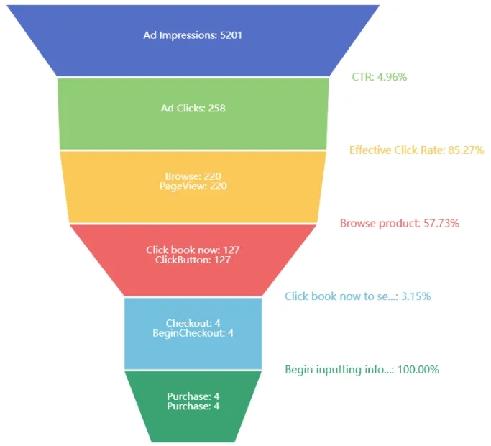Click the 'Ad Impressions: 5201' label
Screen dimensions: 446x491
pyautogui.click(x=193, y=35)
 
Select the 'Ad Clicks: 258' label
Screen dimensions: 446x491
pyautogui.click(x=193, y=109)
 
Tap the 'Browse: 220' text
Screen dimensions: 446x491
pyautogui.click(x=193, y=176)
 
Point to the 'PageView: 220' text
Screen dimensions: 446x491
pyautogui.click(x=193, y=186)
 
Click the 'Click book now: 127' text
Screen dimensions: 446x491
pyautogui.click(x=193, y=250)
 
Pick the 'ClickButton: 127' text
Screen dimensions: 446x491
pyautogui.click(x=193, y=260)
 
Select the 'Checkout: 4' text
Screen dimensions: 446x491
pyautogui.click(x=193, y=324)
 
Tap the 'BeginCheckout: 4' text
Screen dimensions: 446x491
pyautogui.click(x=193, y=333)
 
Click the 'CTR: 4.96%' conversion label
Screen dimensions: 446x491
pyautogui.click(x=379, y=76)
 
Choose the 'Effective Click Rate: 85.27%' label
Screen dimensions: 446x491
pyautogui.click(x=416, y=150)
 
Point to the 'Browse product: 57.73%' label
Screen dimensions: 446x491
pyautogui.click(x=399, y=224)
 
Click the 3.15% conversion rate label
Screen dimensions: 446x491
pyautogui.click(x=357, y=296)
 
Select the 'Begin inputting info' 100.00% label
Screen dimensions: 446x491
pyautogui.click(x=362, y=370)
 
